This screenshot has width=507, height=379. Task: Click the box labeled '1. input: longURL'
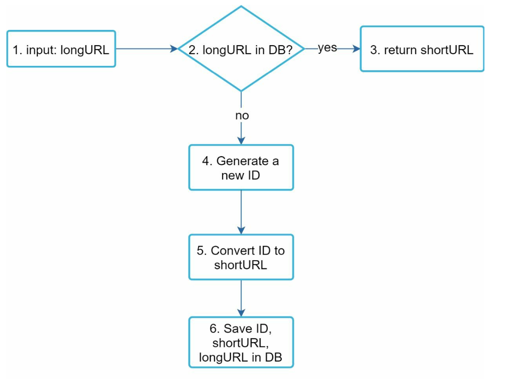(x=61, y=49)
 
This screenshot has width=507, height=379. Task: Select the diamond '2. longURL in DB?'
(x=241, y=49)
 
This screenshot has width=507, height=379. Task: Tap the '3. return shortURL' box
(x=422, y=49)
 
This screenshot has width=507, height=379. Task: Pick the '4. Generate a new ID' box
(x=241, y=168)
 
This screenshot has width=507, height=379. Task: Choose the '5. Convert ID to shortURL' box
(x=241, y=257)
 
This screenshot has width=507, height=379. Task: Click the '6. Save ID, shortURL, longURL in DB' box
(x=241, y=343)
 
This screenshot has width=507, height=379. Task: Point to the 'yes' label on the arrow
(x=327, y=48)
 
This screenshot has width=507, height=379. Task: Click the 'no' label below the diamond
(x=242, y=116)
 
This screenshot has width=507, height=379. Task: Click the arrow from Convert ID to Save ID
(x=241, y=298)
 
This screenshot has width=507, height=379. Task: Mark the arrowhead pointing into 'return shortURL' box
(x=356, y=49)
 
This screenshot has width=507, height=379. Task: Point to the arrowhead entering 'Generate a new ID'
(x=241, y=140)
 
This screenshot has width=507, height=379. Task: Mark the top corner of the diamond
(x=241, y=7)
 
